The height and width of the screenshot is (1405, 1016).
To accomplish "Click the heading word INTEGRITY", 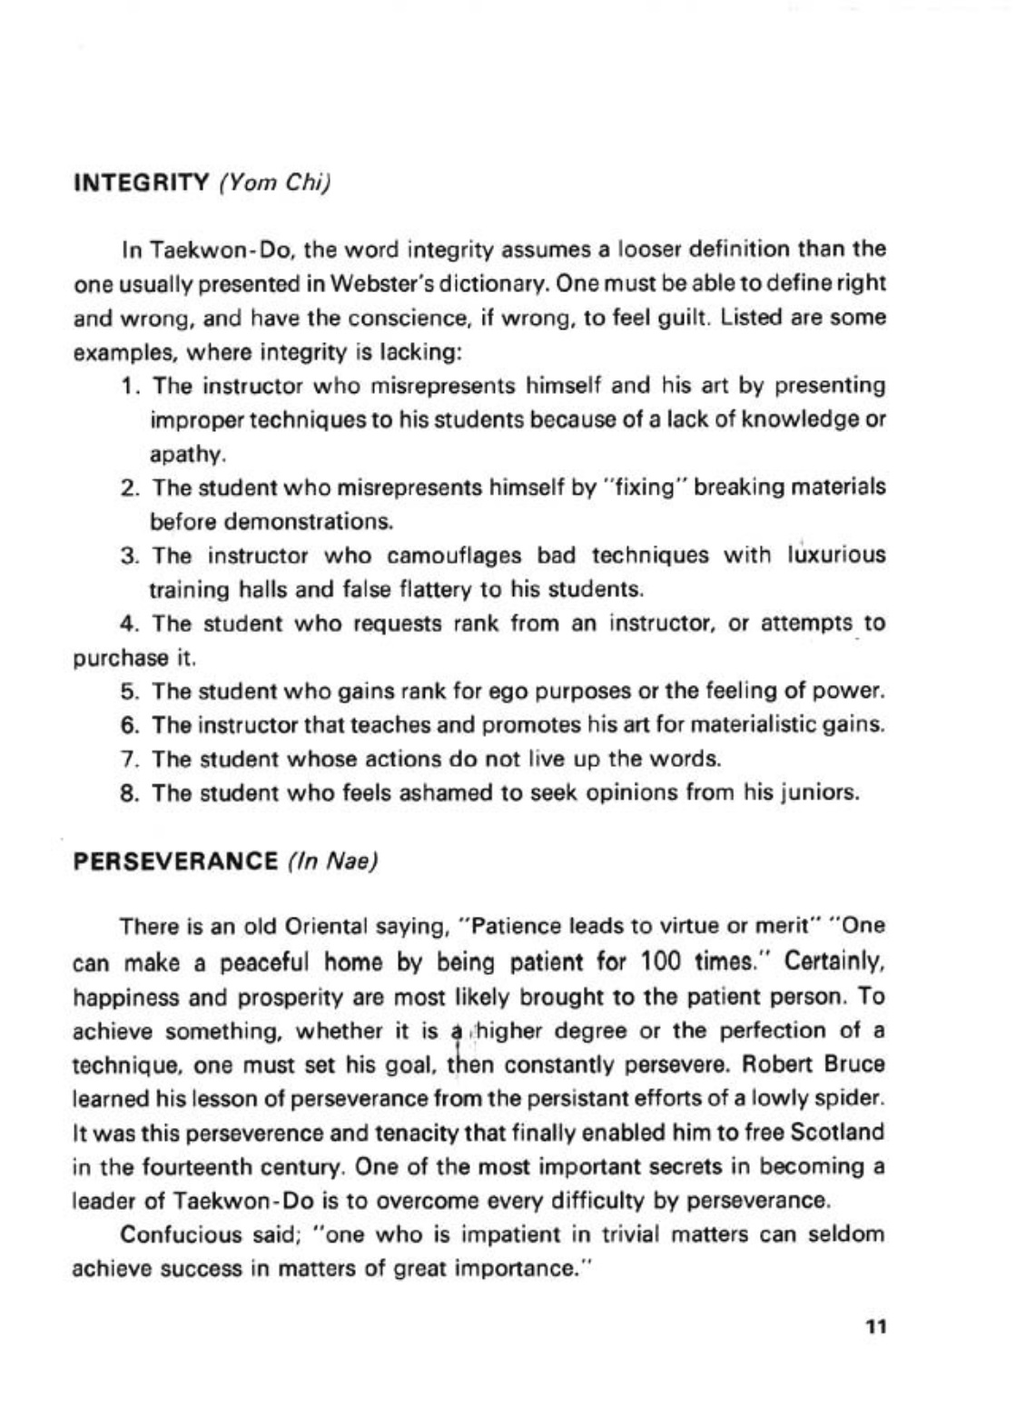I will click(141, 182).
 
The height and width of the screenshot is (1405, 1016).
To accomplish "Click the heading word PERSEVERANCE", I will click(174, 860).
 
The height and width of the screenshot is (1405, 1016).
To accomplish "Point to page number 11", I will click(875, 1326).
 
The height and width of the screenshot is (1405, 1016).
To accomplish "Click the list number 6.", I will click(127, 725).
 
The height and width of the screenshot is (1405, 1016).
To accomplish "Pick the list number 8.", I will click(127, 793).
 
